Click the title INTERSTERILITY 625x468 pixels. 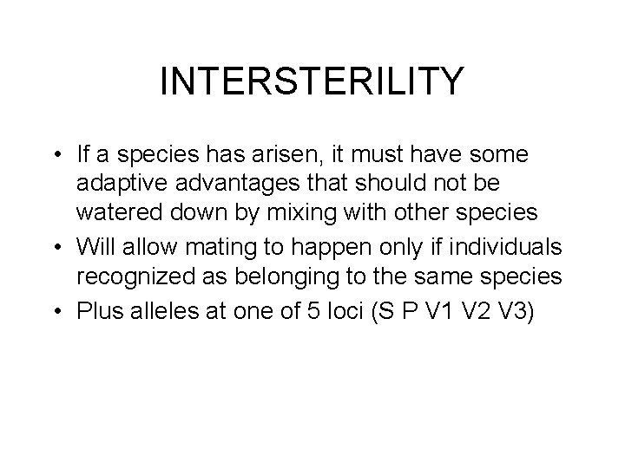click(x=312, y=82)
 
